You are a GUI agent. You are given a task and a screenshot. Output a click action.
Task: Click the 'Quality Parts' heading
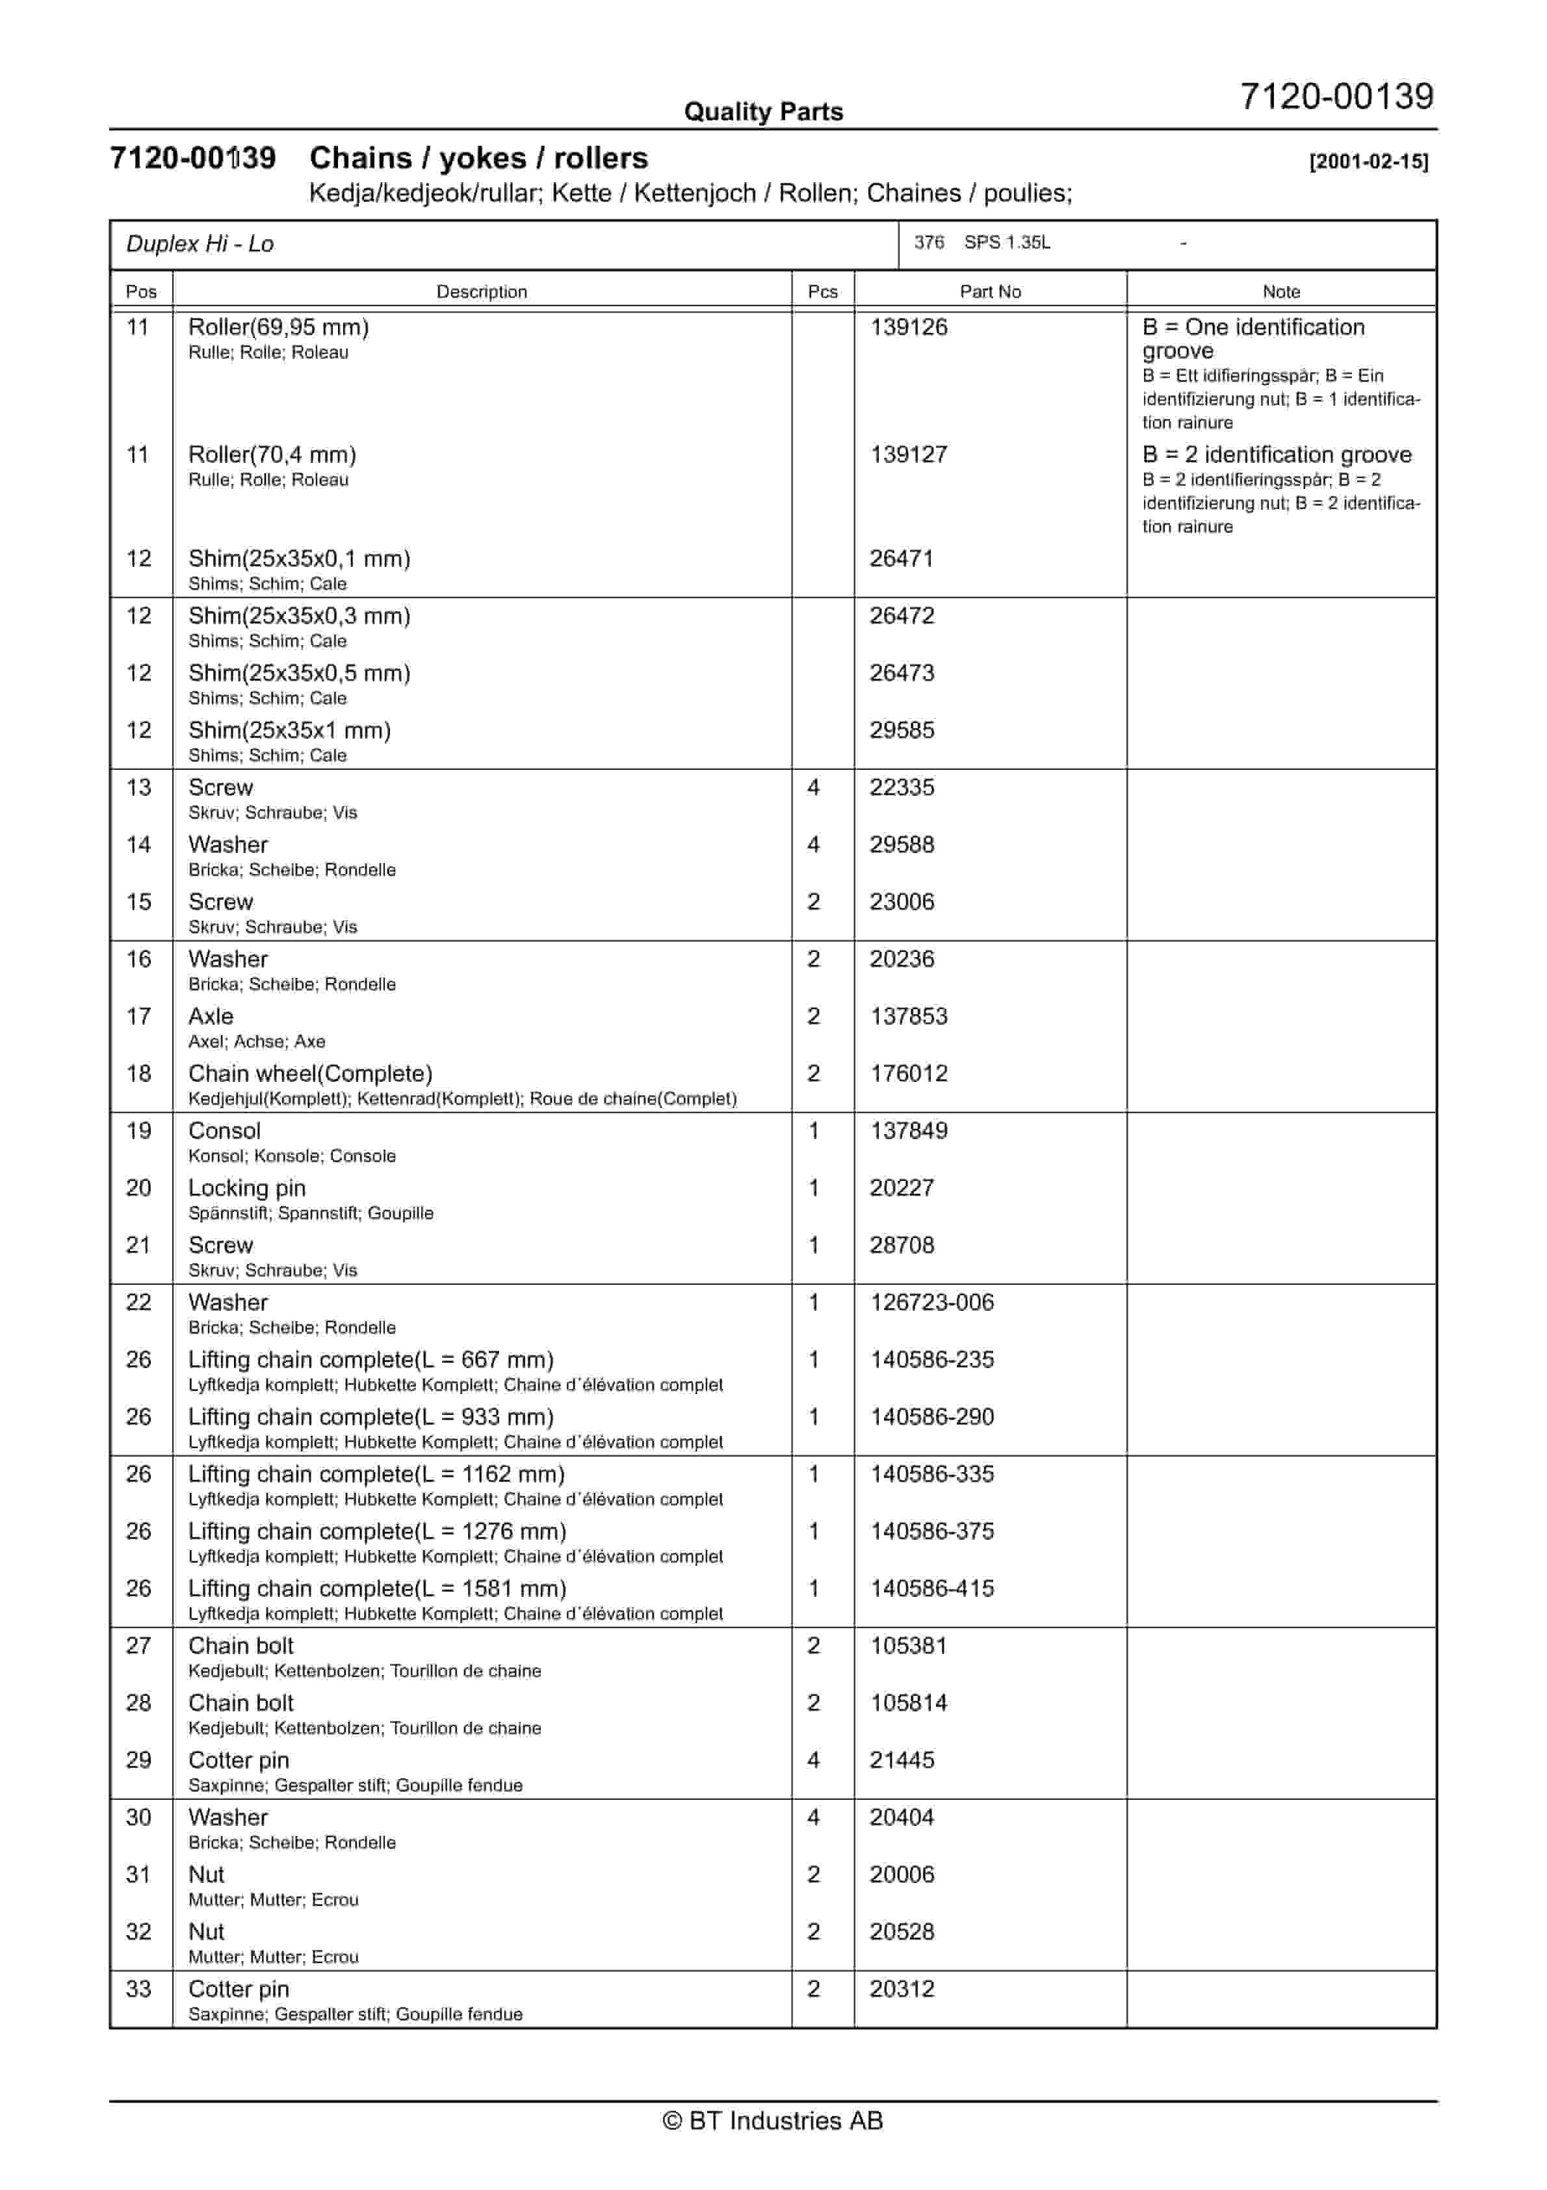(763, 112)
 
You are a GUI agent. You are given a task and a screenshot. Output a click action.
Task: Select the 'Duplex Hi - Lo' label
(200, 244)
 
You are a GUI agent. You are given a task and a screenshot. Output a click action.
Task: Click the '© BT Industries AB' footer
(773, 2120)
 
